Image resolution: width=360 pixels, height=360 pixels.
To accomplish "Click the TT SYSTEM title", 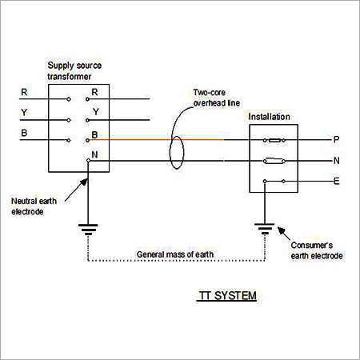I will [227, 296].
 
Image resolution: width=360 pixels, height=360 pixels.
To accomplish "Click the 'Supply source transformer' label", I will [74, 70].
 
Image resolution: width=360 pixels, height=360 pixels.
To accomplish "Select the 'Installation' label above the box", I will [270, 116].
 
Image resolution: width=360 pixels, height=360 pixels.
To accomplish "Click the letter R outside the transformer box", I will [24, 93].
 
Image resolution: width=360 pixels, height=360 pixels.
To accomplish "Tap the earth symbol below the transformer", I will [87, 230].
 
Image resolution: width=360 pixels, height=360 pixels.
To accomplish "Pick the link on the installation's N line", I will [272, 161].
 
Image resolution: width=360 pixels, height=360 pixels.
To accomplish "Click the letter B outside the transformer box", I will [24, 131].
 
